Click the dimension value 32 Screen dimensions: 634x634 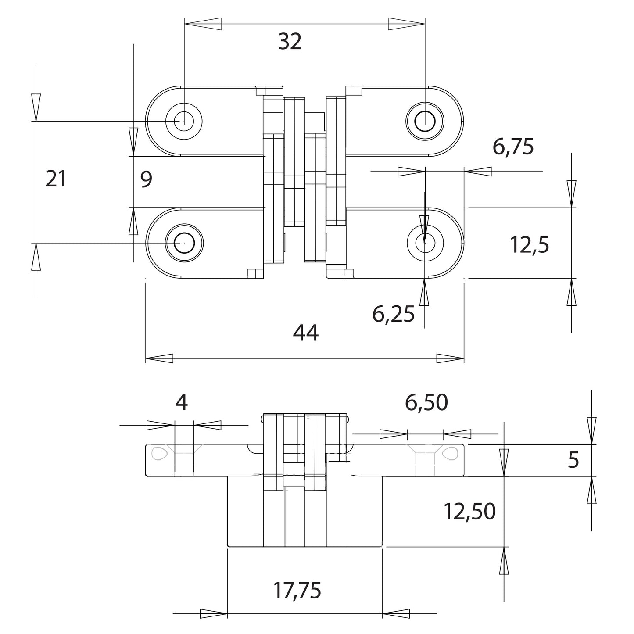290,42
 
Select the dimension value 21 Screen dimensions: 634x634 56,179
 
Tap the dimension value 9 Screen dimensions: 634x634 146,179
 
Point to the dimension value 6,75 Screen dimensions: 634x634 513,147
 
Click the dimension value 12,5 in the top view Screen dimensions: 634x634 530,245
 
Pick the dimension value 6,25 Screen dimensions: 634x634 393,314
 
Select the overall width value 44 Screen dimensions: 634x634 305,333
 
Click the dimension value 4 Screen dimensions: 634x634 181,403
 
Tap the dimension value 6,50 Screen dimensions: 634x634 426,403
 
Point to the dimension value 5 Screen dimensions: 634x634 573,460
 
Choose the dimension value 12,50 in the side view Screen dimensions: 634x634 469,512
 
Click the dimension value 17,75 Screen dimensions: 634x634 297,591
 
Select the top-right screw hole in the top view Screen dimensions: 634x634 424,120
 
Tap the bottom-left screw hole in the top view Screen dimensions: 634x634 184,242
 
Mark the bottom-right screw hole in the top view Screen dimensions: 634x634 424,241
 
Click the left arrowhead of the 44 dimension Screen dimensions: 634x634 159,358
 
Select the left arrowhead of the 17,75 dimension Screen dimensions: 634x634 214,613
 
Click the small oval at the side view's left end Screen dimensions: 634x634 159,453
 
